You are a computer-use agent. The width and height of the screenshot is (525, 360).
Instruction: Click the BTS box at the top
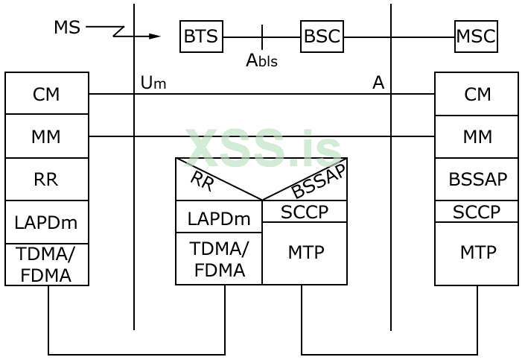point(201,37)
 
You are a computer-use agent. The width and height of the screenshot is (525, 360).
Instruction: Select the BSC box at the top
point(322,37)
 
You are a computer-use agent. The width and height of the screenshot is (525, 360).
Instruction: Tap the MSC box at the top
point(476,37)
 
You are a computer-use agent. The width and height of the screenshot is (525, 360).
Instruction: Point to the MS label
point(67,28)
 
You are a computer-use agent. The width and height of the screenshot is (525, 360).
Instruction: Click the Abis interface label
point(261,60)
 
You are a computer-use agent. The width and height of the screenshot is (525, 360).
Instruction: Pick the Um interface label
point(153,83)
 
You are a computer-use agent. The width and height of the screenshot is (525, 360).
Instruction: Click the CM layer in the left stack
point(46,94)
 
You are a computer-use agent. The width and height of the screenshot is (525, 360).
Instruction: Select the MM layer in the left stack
point(46,136)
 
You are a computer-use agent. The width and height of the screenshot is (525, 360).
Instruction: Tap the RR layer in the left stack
point(46,180)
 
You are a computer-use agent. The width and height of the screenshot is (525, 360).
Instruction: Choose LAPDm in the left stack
point(46,222)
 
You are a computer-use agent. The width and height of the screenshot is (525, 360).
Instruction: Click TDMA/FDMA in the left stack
point(46,265)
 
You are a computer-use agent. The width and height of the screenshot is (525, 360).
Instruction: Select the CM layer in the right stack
point(477,94)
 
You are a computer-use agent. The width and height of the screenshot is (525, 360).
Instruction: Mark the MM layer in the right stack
point(477,136)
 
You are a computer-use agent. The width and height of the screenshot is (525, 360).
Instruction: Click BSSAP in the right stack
point(477,180)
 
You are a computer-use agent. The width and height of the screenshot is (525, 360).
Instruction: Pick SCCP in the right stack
point(477,212)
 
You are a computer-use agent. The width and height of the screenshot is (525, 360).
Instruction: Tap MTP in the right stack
point(477,253)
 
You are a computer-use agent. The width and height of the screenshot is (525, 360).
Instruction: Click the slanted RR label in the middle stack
point(202,180)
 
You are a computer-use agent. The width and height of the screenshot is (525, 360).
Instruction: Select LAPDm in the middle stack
point(219,218)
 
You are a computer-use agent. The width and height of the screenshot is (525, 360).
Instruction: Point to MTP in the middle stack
point(305,252)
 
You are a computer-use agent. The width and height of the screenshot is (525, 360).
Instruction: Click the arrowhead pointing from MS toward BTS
point(154,36)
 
